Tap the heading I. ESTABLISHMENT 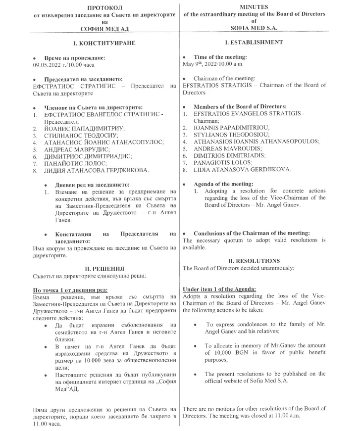255,43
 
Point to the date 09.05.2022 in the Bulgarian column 48,65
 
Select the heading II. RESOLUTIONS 254,261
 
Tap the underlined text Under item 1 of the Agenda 219,289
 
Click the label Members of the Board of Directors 240,106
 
